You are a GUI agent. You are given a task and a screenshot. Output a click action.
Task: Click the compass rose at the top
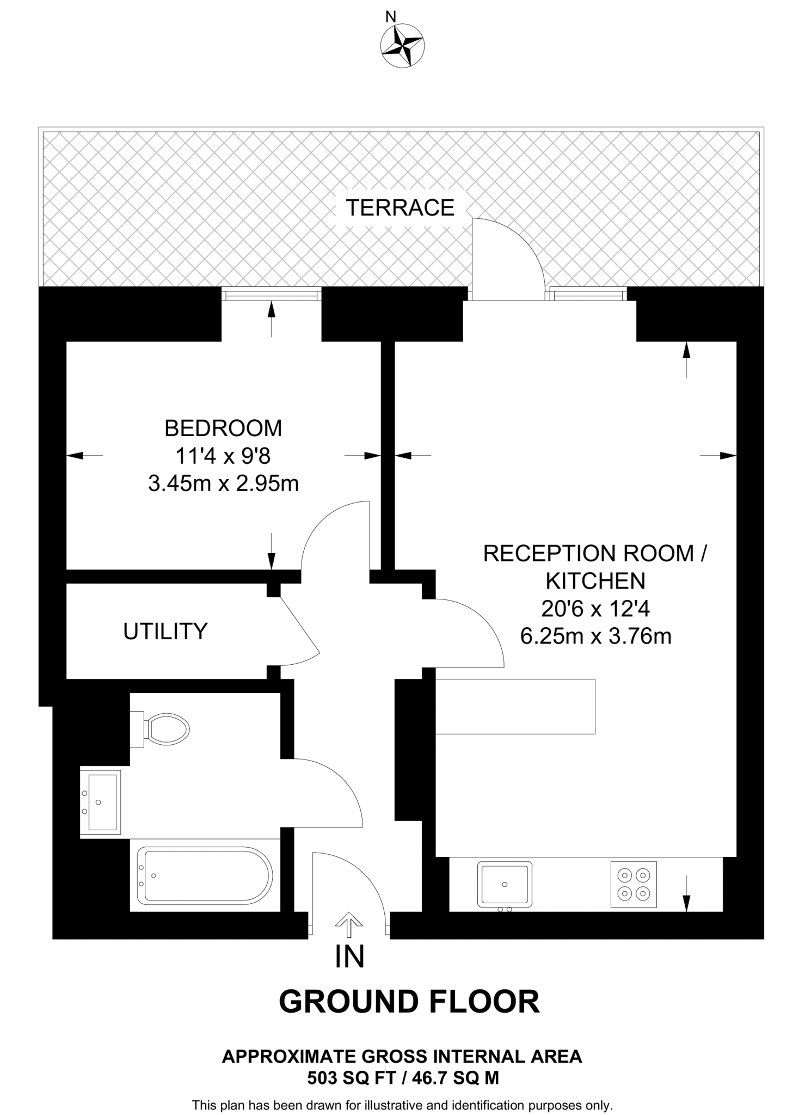[x=402, y=46]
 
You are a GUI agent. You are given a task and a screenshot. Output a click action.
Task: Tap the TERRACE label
[x=400, y=208]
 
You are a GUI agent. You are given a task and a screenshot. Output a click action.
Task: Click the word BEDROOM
[x=223, y=428]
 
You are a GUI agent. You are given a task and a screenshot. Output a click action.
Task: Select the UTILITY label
[x=165, y=632]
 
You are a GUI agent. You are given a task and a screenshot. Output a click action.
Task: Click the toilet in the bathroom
[x=163, y=728]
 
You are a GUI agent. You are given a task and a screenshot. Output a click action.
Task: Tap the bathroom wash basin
[x=101, y=802]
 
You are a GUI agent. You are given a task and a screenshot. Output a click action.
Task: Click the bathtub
[x=205, y=875]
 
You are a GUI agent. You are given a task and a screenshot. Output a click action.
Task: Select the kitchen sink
[x=505, y=885]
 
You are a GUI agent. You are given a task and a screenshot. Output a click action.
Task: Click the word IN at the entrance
[x=349, y=957]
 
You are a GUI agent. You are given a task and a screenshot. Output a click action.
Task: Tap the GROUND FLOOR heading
[x=409, y=1002]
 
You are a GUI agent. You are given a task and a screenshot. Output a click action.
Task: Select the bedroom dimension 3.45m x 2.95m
[x=223, y=483]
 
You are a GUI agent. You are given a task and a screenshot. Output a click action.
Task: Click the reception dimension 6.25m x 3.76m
[x=595, y=636]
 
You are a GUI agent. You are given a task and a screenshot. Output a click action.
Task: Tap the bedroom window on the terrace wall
[x=271, y=295]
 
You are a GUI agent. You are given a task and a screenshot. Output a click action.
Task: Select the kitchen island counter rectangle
[x=515, y=706]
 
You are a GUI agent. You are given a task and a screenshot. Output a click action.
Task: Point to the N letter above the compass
[x=390, y=17]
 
